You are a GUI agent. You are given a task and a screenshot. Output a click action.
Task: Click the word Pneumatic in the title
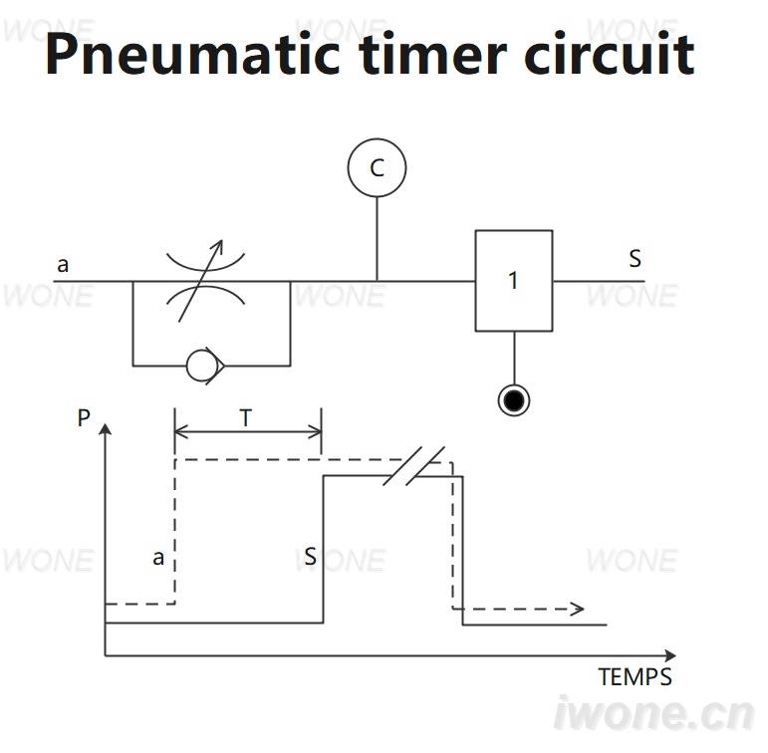192,54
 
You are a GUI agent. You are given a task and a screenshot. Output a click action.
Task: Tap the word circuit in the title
610,53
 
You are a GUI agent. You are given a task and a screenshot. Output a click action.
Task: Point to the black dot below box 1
514,400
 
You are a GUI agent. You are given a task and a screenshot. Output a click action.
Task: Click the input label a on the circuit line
63,265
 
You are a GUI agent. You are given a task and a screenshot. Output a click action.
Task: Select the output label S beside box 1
635,258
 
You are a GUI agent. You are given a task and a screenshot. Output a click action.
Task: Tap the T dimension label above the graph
246,418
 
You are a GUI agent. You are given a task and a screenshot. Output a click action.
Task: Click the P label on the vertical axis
84,418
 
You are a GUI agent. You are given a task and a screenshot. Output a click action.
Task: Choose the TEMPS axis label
635,677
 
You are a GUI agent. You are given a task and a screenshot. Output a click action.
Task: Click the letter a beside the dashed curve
157,558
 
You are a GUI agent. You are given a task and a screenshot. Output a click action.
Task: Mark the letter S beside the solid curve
310,557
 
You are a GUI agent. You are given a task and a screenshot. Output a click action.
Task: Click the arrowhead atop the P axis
105,428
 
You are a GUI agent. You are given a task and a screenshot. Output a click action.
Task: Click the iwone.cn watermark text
653,714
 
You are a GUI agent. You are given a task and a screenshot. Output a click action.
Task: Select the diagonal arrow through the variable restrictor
201,281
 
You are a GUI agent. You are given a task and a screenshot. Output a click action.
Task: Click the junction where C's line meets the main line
377,281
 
